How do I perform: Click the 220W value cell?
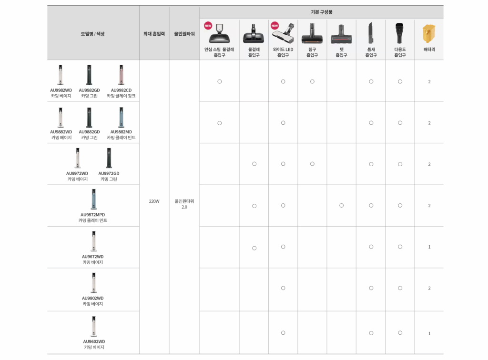(x=154, y=201)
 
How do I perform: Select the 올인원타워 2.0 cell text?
(x=184, y=204)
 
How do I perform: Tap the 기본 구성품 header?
(x=321, y=12)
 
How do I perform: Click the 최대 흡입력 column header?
(x=154, y=33)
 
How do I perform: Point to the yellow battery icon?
(x=428, y=34)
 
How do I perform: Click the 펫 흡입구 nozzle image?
(x=341, y=34)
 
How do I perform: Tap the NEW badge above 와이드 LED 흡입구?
(x=274, y=25)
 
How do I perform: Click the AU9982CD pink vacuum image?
(x=121, y=75)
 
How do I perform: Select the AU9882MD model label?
(x=121, y=131)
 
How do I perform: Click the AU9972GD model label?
(x=109, y=173)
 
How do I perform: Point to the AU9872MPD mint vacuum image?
(x=93, y=199)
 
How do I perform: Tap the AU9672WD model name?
(x=92, y=256)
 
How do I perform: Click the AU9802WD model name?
(x=93, y=298)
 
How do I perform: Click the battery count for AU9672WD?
(x=429, y=247)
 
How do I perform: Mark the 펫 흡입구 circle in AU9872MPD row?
(x=341, y=206)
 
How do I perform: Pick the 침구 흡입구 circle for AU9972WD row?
(x=312, y=164)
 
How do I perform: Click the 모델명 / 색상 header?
(x=93, y=33)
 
